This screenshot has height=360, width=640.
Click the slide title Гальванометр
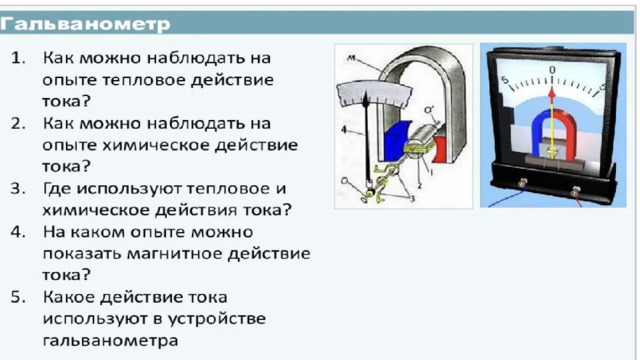[85, 24]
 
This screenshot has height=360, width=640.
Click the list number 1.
[18, 58]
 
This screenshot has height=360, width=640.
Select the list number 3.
[18, 189]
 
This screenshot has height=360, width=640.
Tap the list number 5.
[18, 297]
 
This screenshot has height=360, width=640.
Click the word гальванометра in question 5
[110, 340]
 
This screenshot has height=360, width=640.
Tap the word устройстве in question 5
[217, 319]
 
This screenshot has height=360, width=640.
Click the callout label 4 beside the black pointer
[344, 130]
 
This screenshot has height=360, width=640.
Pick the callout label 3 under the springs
[413, 199]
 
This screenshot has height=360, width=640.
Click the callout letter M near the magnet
[351, 58]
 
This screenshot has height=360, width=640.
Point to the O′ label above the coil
[429, 110]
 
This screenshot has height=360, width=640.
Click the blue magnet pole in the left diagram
[395, 141]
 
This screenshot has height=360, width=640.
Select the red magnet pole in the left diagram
[440, 149]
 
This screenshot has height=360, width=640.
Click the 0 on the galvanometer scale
[552, 70]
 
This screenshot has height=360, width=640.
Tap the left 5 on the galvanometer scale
[505, 80]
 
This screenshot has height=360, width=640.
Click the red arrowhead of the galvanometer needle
[552, 95]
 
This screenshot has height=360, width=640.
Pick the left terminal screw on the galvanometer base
[522, 183]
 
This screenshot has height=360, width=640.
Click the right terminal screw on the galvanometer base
[575, 191]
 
